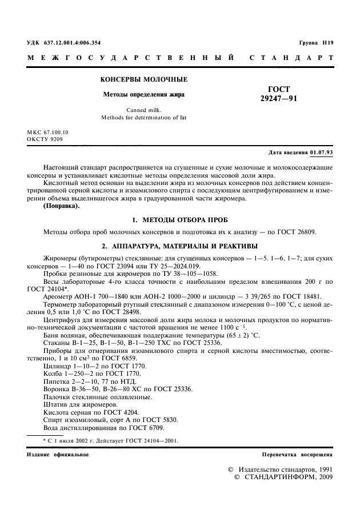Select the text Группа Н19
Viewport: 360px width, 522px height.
pyautogui.click(x=315, y=43)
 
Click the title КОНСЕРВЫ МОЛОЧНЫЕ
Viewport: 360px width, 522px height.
pyautogui.click(x=144, y=79)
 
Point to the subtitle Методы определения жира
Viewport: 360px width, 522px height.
pyautogui.click(x=143, y=94)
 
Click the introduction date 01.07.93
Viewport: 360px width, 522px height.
pyautogui.click(x=322, y=153)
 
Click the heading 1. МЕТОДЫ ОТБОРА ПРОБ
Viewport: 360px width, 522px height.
pyautogui.click(x=180, y=219)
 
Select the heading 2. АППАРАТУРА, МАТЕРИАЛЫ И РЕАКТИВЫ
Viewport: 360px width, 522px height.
pyautogui.click(x=180, y=246)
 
